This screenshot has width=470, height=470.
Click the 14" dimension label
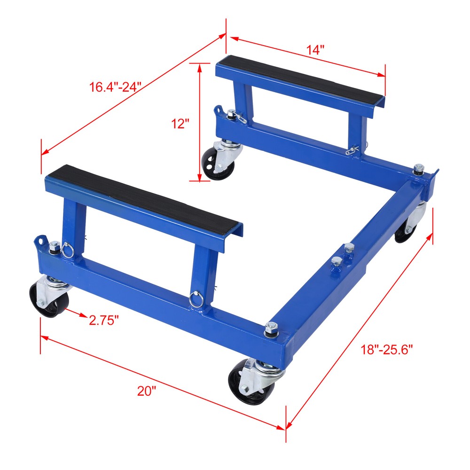click(315, 50)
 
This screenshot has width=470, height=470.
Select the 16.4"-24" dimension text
click(115, 87)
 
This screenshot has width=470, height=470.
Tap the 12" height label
click(180, 124)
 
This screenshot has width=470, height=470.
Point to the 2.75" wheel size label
click(103, 320)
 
